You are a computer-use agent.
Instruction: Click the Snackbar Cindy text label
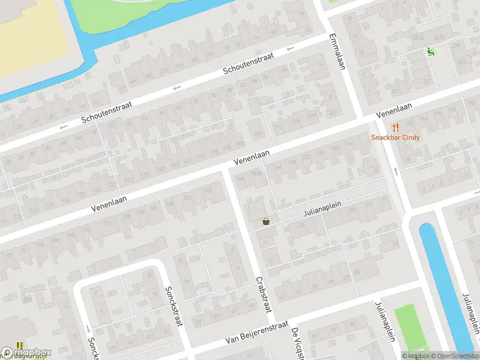pyautogui.click(x=395, y=137)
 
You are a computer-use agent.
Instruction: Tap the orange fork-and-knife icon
pyautogui.click(x=395, y=127)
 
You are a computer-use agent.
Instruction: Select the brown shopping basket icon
pyautogui.click(x=266, y=221)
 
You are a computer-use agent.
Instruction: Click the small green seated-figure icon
pyautogui.click(x=430, y=52)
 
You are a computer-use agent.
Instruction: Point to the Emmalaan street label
pyautogui.click(x=337, y=51)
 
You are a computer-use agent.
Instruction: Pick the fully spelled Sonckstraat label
pyautogui.click(x=173, y=306)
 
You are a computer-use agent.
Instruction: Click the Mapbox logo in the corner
pyautogui.click(x=26, y=353)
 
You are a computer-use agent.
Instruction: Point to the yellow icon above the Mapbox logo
pyautogui.click(x=20, y=346)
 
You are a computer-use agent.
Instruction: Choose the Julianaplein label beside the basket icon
pyautogui.click(x=322, y=208)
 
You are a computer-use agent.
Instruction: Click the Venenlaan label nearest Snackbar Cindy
pyautogui.click(x=394, y=110)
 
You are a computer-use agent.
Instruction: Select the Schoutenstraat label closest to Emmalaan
pyautogui.click(x=248, y=62)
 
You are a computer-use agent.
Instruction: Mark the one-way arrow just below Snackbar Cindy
pyautogui.click(x=396, y=171)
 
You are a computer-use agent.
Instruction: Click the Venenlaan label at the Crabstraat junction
pyautogui.click(x=251, y=157)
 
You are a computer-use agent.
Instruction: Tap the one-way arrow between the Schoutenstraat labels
pyautogui.click(x=176, y=88)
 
